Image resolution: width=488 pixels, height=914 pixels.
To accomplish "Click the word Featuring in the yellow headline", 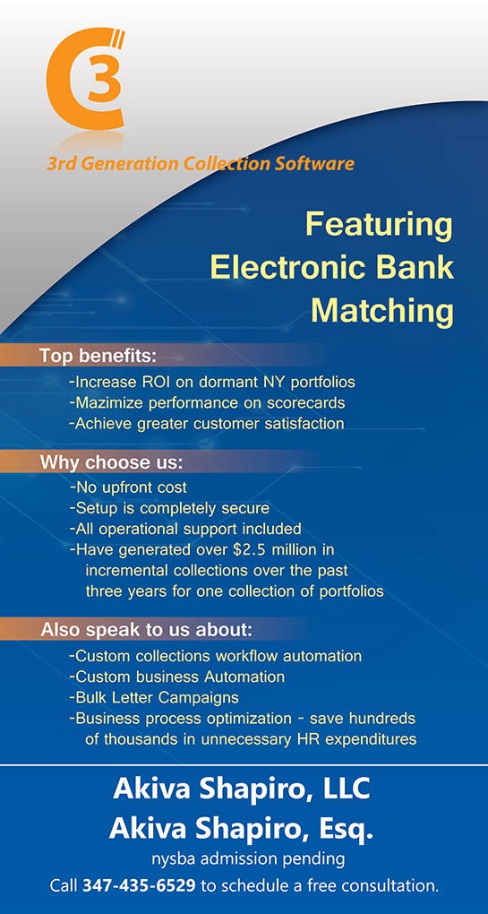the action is pos(379,226).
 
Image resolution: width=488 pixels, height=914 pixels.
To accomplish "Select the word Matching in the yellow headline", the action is pos(382,311).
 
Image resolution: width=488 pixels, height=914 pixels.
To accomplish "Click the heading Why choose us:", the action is pos(111,463).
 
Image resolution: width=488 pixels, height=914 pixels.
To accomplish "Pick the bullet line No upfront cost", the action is pos(128,487).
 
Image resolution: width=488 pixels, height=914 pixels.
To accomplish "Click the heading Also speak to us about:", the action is pos(146,631).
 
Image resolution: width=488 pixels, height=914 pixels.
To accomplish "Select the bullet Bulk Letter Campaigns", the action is pos(154,698).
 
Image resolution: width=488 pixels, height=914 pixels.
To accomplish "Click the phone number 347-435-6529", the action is pos(139,886).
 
